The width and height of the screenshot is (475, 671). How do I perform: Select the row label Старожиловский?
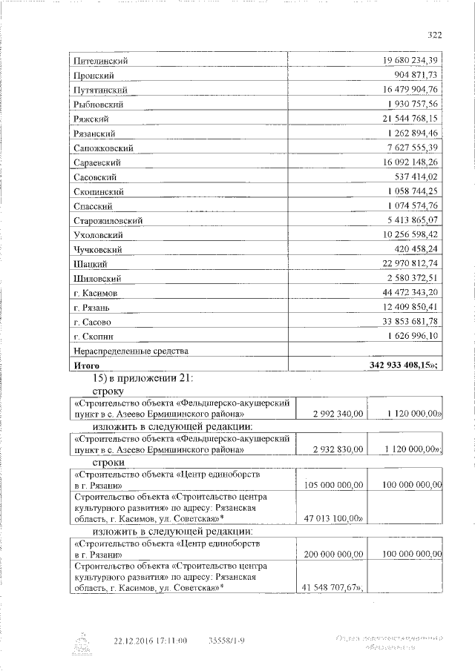pos(108,221)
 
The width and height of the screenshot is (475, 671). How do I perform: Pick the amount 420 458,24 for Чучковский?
pos(417,249)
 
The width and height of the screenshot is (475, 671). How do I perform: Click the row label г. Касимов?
pos(94,294)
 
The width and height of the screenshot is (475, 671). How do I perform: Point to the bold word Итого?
pos(86,366)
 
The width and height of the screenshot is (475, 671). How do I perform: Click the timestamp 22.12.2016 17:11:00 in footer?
pos(150,640)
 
